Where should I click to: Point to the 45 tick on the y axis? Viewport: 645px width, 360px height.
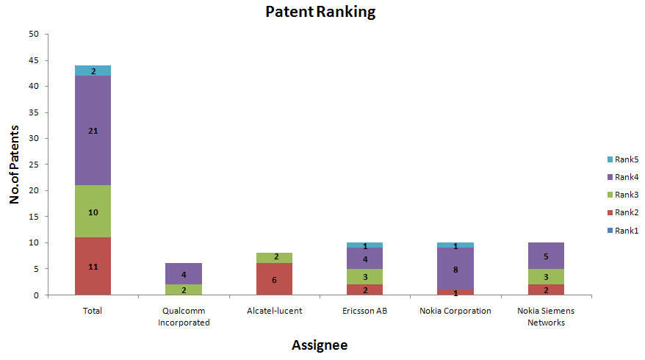pyautogui.click(x=34, y=60)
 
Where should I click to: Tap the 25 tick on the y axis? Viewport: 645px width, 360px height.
pyautogui.click(x=34, y=165)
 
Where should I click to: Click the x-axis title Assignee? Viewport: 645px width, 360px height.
pyautogui.click(x=320, y=345)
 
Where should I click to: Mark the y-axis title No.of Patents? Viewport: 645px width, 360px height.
pyautogui.click(x=15, y=165)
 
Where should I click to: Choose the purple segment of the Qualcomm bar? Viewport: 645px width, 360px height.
pyautogui.click(x=184, y=274)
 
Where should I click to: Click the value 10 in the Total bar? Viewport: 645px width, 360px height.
pyautogui.click(x=93, y=212)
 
